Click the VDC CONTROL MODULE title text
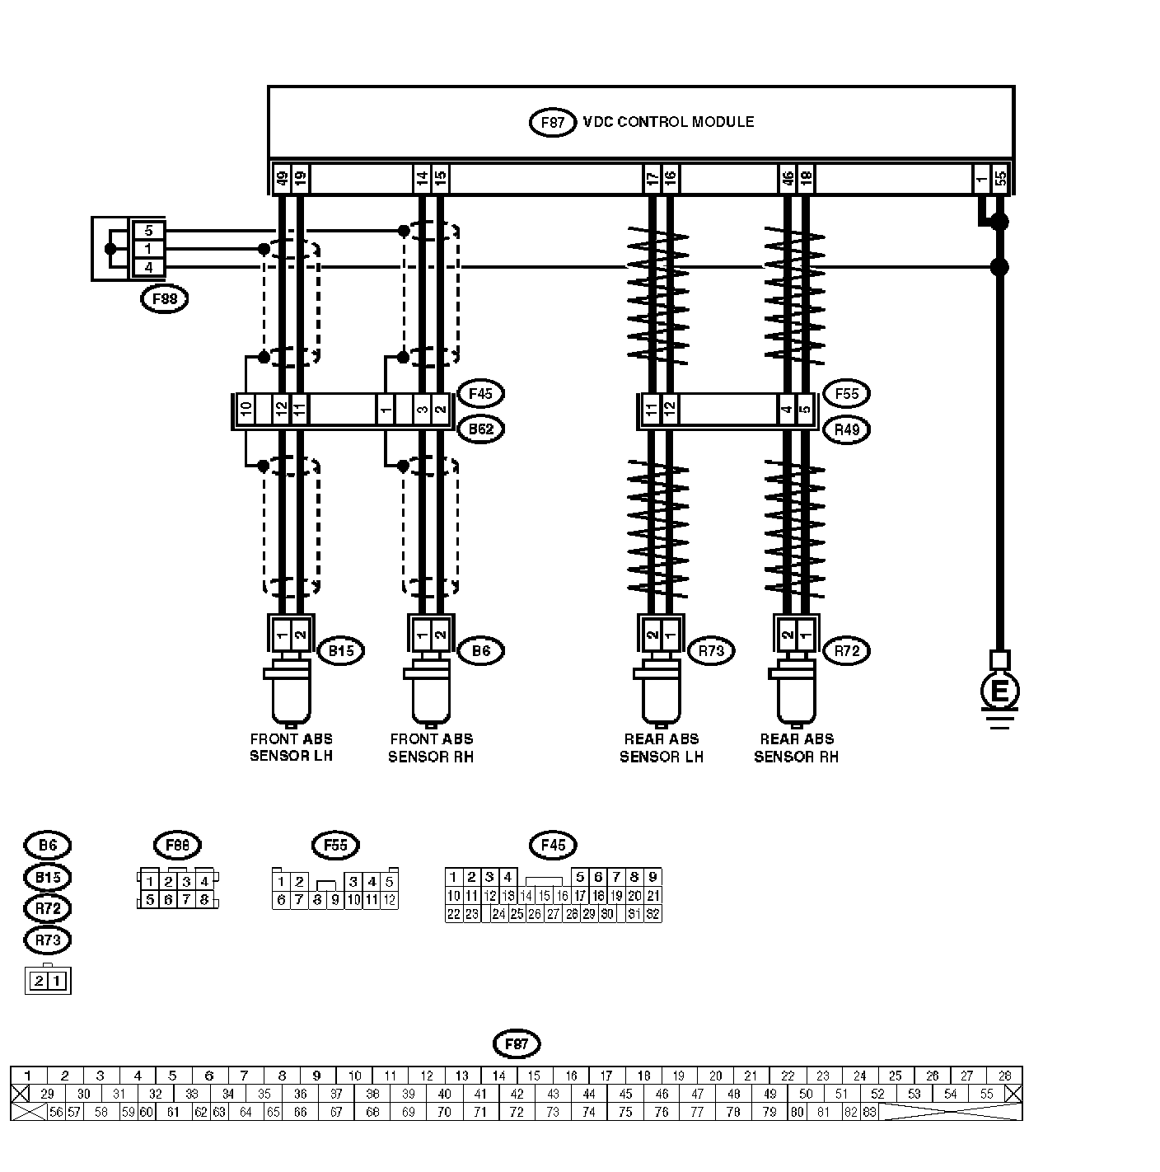[x=668, y=122]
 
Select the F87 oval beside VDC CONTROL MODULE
[x=551, y=123]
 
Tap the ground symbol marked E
[x=999, y=691]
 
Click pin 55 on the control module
[x=1001, y=178]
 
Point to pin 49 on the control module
[x=282, y=178]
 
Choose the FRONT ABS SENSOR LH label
[x=292, y=748]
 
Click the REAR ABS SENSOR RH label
[x=797, y=748]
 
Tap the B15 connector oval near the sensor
[x=341, y=650]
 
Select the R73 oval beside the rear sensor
[x=710, y=650]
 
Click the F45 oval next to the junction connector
[x=480, y=394]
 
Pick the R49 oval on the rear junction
[x=847, y=429]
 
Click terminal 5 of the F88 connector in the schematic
[x=148, y=231]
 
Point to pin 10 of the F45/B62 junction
[x=246, y=410]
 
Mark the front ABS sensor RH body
[x=431, y=699]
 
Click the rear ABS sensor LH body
[x=662, y=699]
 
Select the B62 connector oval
[x=480, y=429]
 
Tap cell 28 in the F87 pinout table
[x=1004, y=1076]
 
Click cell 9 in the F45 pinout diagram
[x=652, y=877]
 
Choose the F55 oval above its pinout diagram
[x=335, y=845]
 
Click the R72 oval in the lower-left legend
[x=49, y=908]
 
